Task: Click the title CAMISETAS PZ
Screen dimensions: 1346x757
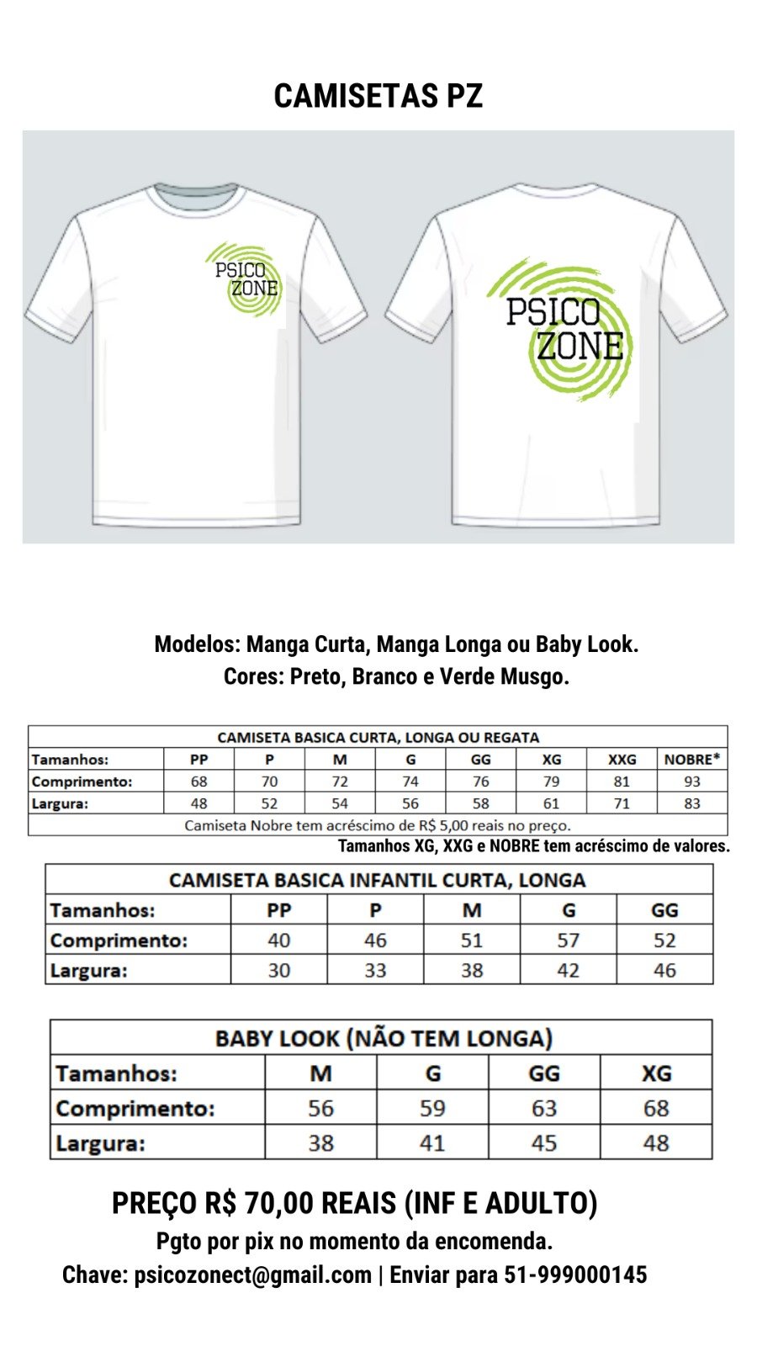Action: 378,96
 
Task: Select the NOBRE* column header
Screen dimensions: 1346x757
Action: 691,759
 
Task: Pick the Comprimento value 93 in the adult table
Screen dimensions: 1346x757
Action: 691,782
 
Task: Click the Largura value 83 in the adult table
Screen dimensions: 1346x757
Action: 691,803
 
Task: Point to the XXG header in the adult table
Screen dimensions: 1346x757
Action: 622,759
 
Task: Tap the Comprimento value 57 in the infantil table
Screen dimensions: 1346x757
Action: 568,940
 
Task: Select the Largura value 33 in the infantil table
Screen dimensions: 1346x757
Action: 375,970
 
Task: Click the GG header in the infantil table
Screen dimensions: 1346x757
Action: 664,910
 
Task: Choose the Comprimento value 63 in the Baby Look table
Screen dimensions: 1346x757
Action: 544,1108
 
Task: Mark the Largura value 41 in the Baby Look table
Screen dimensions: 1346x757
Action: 432,1143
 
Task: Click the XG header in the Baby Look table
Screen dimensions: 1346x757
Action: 656,1073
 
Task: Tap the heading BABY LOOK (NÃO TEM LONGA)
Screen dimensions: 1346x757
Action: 384,1038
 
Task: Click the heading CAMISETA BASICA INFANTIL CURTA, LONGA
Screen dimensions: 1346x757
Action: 377,880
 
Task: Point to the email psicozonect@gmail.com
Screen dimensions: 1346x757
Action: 252,1275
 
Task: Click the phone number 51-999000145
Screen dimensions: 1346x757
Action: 575,1275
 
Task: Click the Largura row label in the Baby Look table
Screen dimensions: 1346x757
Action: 100,1143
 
